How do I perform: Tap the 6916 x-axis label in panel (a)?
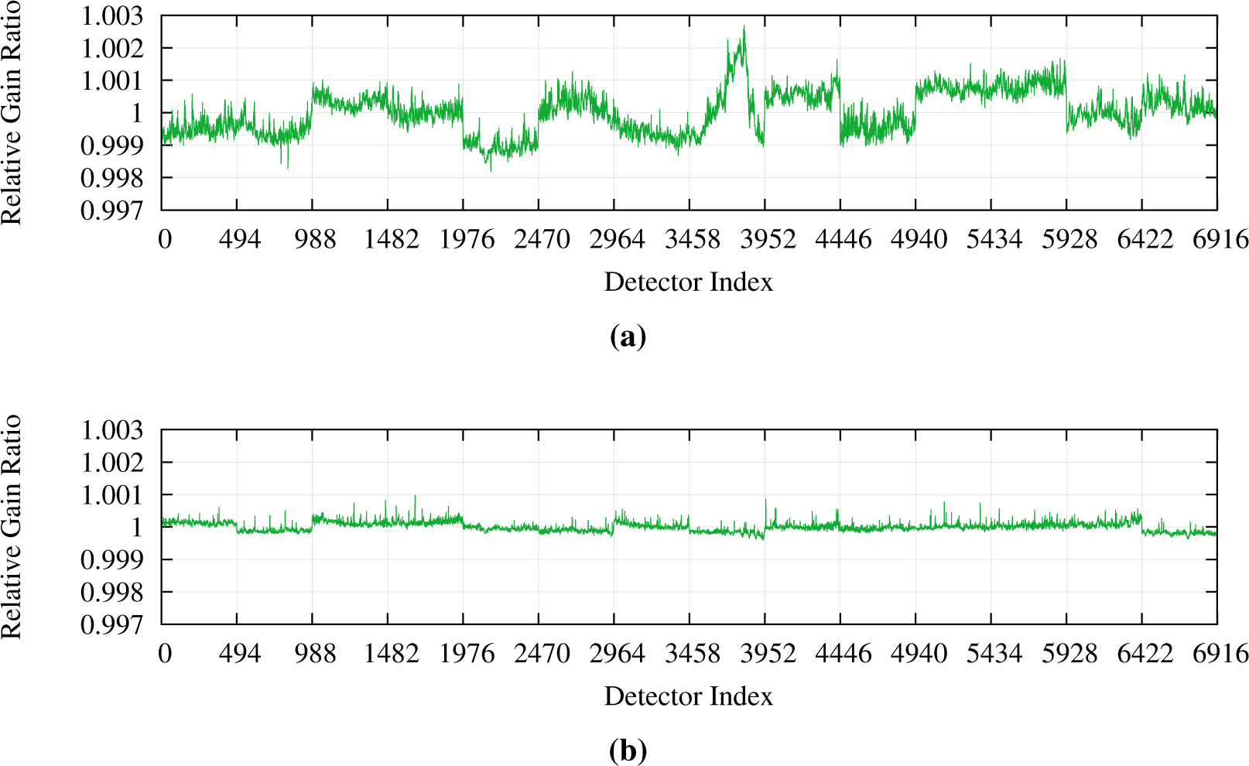click(x=1220, y=239)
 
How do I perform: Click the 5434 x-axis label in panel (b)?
click(x=994, y=654)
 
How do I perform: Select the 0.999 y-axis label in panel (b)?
click(x=112, y=559)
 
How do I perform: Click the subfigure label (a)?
click(x=628, y=337)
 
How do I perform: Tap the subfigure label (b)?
click(x=628, y=751)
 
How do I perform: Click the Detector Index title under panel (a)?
click(x=688, y=282)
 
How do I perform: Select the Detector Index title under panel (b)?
click(x=688, y=696)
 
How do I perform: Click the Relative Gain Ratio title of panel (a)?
click(x=12, y=112)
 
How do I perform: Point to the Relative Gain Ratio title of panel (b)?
click(x=12, y=526)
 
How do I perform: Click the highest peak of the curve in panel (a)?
click(x=744, y=27)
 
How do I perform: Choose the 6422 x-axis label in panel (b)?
click(x=1145, y=654)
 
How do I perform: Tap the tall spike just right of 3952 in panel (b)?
click(x=766, y=500)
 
